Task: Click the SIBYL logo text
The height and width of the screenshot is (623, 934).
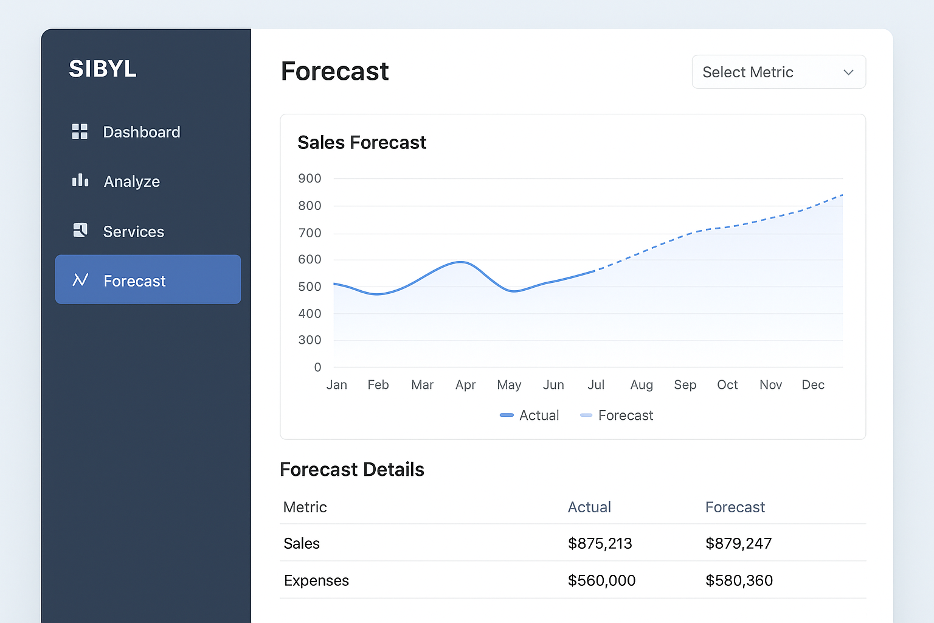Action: click(103, 69)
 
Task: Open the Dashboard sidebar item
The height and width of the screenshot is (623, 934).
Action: click(141, 132)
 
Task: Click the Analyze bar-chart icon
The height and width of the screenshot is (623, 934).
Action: click(80, 181)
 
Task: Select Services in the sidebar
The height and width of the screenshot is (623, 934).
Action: click(133, 232)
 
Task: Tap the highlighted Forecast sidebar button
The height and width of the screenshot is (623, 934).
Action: click(148, 280)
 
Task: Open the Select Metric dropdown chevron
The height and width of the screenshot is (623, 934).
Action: click(848, 72)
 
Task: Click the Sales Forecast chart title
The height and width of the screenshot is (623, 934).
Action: click(362, 142)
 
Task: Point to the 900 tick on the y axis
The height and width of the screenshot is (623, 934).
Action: click(310, 178)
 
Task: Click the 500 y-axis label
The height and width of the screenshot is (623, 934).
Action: click(310, 287)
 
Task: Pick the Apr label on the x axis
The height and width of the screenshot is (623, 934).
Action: click(465, 385)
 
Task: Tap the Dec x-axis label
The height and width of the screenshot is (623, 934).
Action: click(813, 385)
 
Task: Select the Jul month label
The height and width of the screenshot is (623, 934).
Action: click(596, 385)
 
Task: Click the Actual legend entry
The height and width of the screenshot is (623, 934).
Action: click(529, 416)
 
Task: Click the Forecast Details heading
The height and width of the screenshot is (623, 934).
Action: click(352, 470)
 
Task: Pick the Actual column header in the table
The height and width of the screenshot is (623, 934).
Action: click(589, 507)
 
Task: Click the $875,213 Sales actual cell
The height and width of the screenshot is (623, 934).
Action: click(600, 543)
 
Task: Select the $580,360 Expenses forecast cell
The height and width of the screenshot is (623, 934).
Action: click(739, 580)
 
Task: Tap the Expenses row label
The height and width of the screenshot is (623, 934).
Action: click(316, 580)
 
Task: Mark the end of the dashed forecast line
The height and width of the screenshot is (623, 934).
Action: click(842, 195)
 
